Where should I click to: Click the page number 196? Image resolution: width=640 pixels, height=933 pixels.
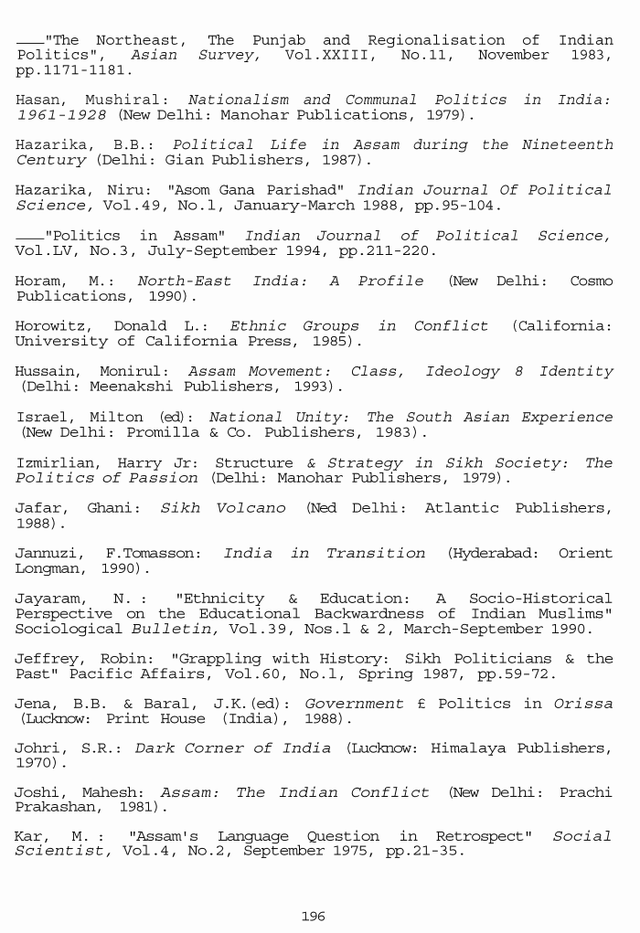point(313,916)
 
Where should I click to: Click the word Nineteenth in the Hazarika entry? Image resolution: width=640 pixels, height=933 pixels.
point(566,144)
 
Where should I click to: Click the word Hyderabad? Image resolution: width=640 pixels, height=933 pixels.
point(493,553)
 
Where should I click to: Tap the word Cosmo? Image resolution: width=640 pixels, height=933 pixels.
point(591,281)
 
